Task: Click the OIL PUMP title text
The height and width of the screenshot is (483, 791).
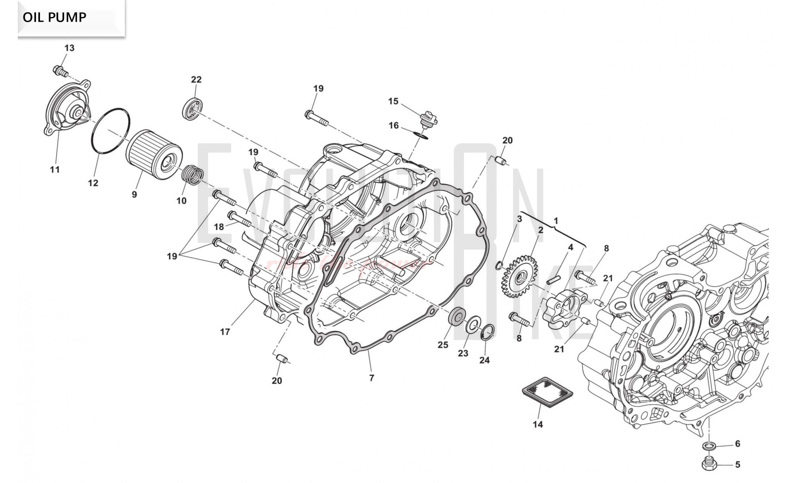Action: pos(55,17)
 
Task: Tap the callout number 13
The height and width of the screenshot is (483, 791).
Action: pos(69,48)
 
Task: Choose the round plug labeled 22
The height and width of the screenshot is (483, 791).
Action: pos(194,107)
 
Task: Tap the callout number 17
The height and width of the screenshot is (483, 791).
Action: pos(225,332)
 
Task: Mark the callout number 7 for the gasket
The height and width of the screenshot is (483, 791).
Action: pos(371,378)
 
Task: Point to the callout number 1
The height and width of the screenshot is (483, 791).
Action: pos(556,221)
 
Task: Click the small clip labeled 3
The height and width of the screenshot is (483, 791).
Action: pos(500,264)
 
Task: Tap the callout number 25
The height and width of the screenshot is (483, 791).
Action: pos(443,345)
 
